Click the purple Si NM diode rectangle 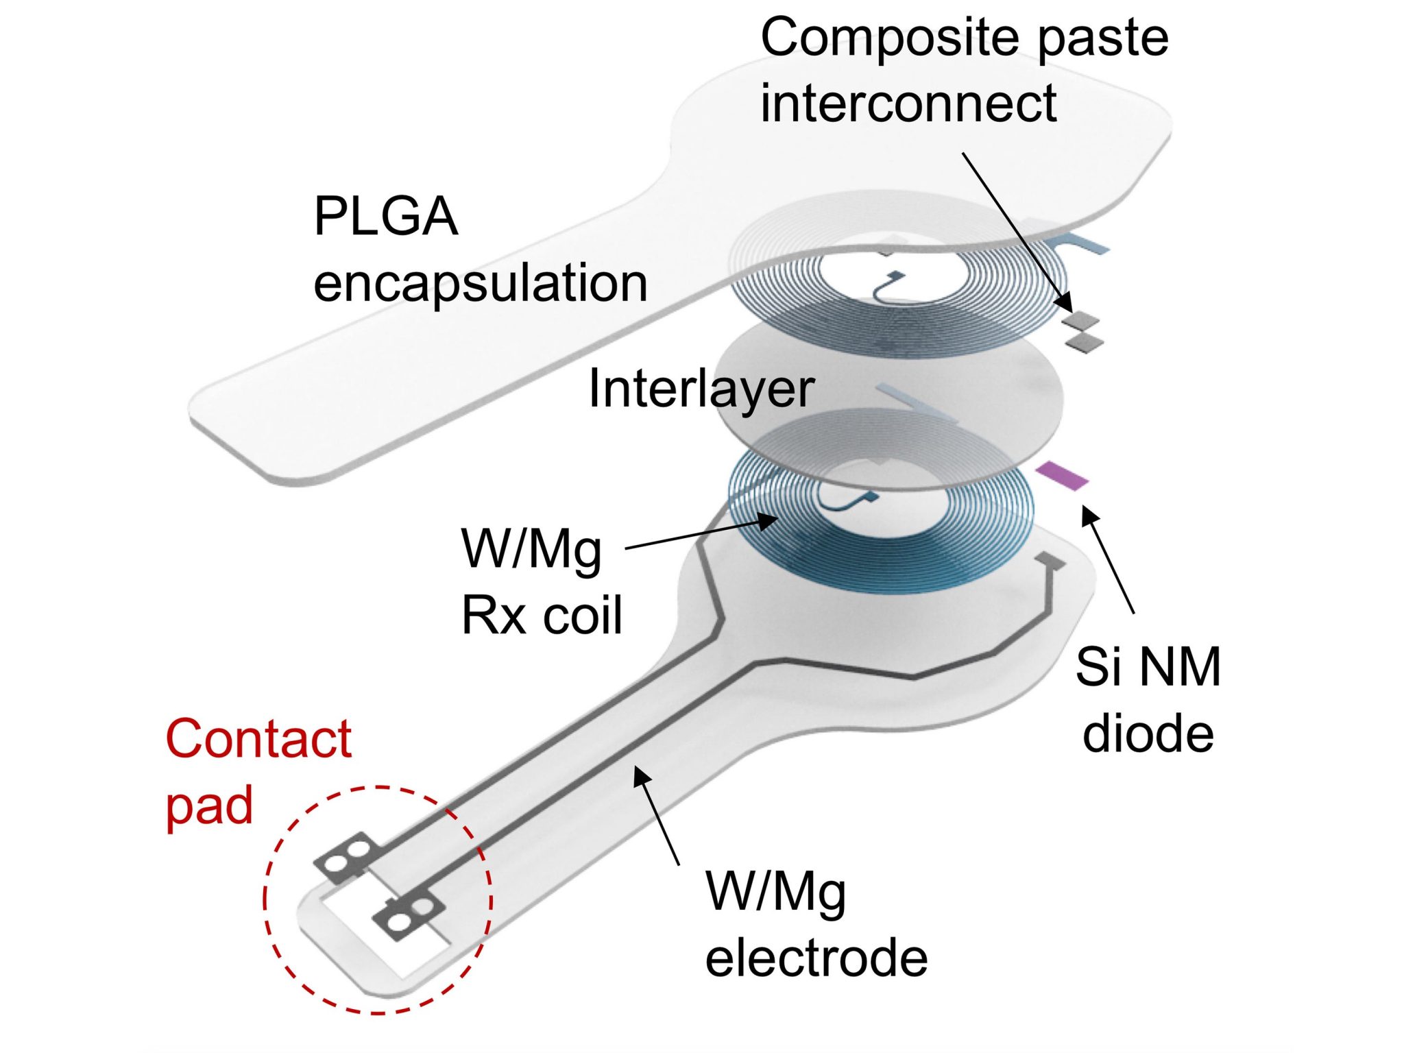pyautogui.click(x=1061, y=475)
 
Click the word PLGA pyautogui.click(x=385, y=217)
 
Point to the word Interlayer pyautogui.click(x=701, y=389)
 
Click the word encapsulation pyautogui.click(x=480, y=282)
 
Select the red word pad pyautogui.click(x=209, y=806)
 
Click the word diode pyautogui.click(x=1148, y=734)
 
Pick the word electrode pyautogui.click(x=816, y=958)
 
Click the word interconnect pyautogui.click(x=908, y=103)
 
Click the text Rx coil pyautogui.click(x=542, y=615)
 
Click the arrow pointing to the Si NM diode pyautogui.click(x=1108, y=559)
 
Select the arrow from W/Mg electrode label pyautogui.click(x=656, y=816)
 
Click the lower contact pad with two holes pyautogui.click(x=409, y=915)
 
